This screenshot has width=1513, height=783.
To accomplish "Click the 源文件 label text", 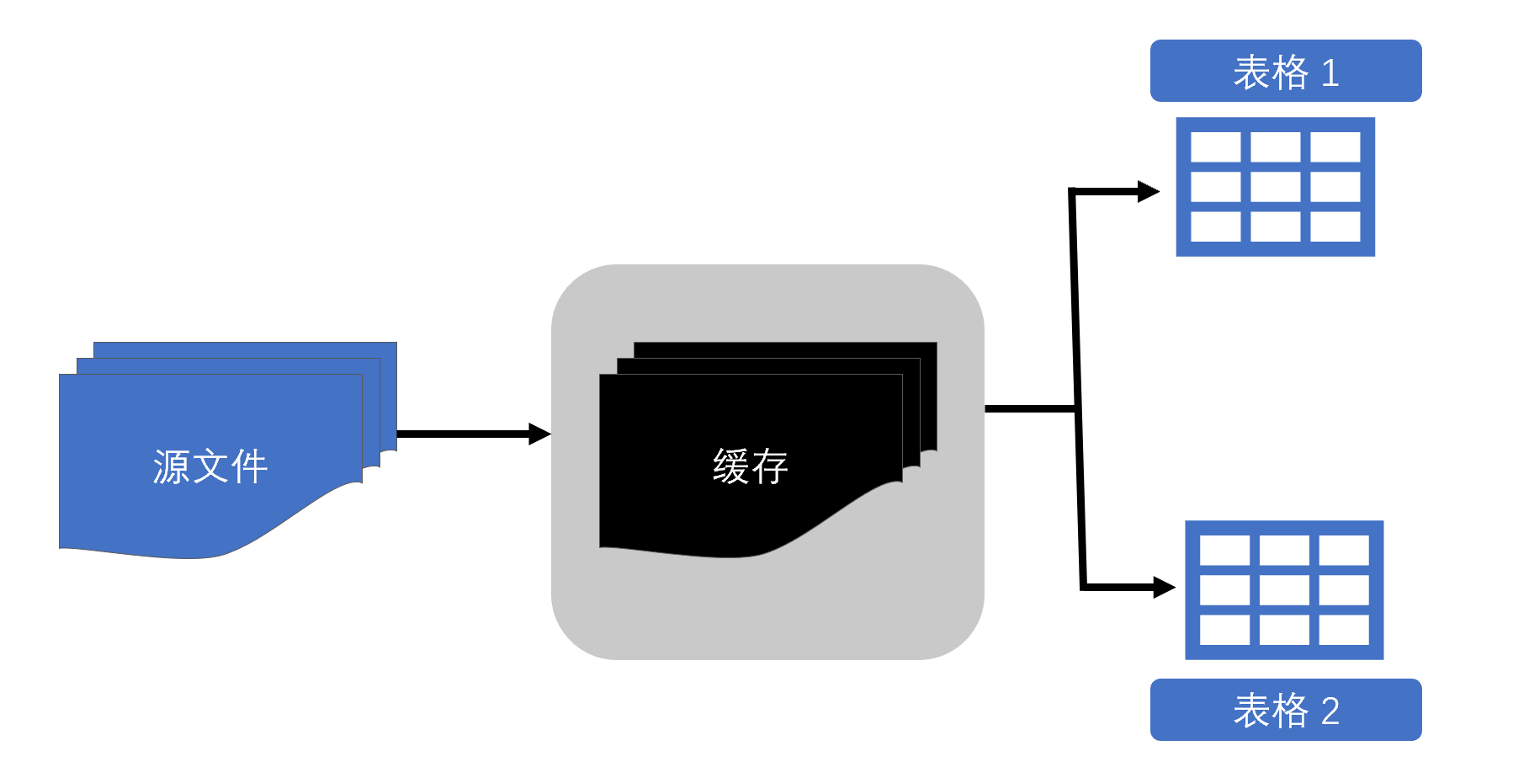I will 210,466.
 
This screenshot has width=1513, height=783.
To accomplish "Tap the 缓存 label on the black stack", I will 750,466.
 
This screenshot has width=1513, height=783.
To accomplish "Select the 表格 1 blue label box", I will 1285,72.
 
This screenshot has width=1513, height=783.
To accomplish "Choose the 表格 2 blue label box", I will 1285,710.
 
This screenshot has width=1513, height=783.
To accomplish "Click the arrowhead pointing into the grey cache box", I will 539,434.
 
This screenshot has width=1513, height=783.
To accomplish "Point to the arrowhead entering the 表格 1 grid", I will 1148,192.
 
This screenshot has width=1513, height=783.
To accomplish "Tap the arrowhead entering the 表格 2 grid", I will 1164,587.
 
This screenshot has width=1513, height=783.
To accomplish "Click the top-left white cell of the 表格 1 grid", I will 1215,147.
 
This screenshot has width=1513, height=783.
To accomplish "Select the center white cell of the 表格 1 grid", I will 1275,187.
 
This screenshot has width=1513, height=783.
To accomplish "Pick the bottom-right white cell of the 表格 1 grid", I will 1335,226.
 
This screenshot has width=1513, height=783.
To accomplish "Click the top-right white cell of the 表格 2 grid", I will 1344,551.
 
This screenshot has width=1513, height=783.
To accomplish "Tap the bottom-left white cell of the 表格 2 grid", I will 1224,630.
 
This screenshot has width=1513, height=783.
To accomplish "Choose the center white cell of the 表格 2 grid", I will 1284,590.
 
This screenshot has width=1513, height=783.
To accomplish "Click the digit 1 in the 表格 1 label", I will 1330,73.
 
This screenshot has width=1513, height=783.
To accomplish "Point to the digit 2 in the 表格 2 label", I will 1330,711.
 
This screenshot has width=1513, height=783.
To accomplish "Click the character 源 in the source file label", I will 172,466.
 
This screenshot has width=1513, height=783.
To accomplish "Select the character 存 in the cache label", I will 769,466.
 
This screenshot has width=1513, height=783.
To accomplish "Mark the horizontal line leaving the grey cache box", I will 1028,409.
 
